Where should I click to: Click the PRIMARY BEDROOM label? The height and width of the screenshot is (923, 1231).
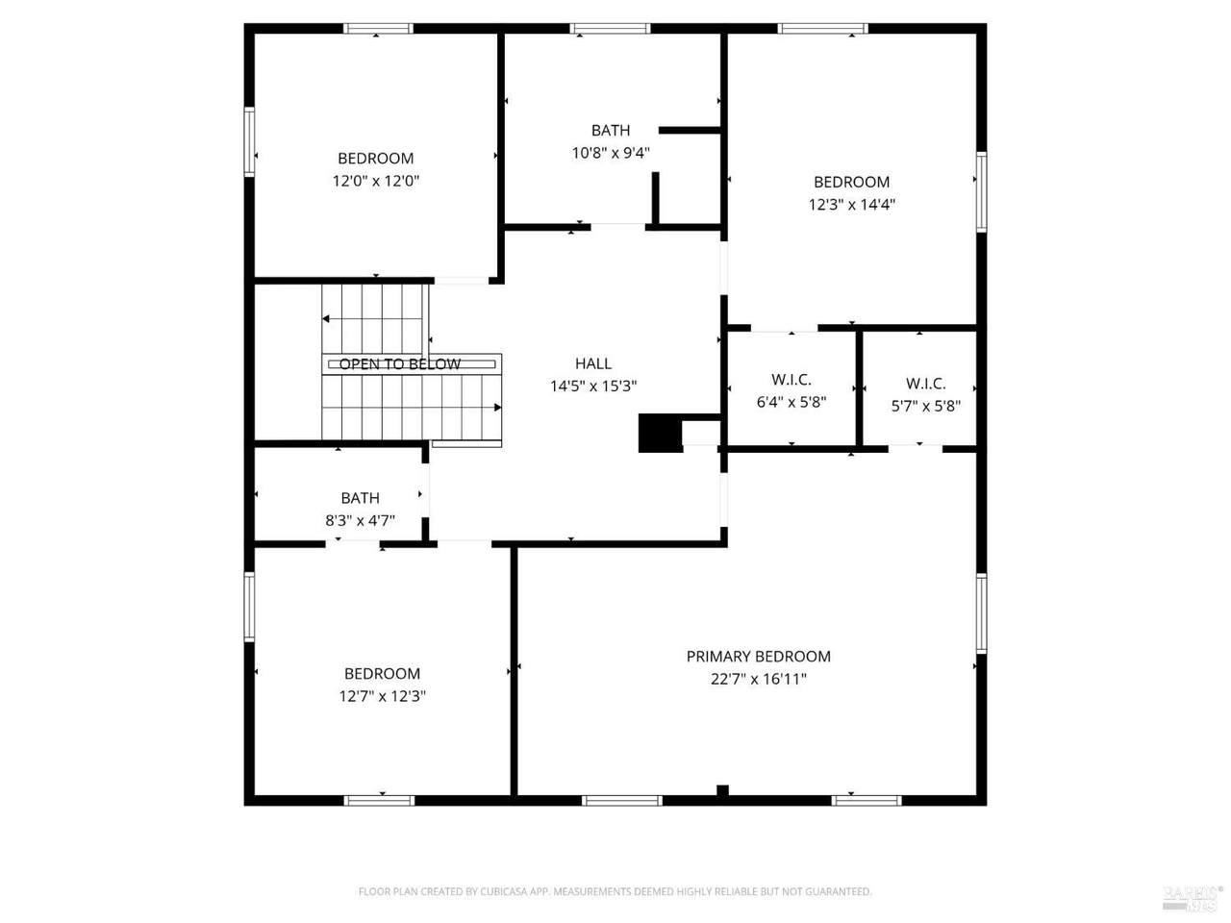coord(758,657)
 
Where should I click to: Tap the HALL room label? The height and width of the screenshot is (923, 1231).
coord(592,363)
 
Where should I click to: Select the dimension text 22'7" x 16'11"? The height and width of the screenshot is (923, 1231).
coord(758,679)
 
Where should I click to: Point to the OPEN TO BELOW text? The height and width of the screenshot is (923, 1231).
coord(400,364)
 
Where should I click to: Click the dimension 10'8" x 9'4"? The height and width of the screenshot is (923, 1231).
coord(610,153)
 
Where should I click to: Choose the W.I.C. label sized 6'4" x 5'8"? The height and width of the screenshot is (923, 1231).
coord(791,380)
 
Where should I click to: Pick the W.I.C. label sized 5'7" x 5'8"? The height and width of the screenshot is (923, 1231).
coord(925,384)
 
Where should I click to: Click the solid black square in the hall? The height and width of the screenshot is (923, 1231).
coord(660,434)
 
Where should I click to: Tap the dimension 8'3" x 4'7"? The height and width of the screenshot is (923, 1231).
coord(360,520)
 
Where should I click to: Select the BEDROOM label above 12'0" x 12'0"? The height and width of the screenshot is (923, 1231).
coord(376,159)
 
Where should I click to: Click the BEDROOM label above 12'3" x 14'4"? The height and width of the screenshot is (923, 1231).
coord(851,182)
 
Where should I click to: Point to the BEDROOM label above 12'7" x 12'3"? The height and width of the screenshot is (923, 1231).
coord(382,674)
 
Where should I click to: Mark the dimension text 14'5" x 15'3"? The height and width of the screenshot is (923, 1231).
coord(593,387)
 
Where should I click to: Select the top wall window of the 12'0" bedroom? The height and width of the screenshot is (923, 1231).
coord(378,29)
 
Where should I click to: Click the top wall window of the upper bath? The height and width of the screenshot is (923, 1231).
coord(610,29)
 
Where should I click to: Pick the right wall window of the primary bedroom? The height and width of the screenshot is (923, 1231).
coord(982,613)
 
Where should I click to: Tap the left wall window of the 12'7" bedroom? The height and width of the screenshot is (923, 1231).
coord(249,607)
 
